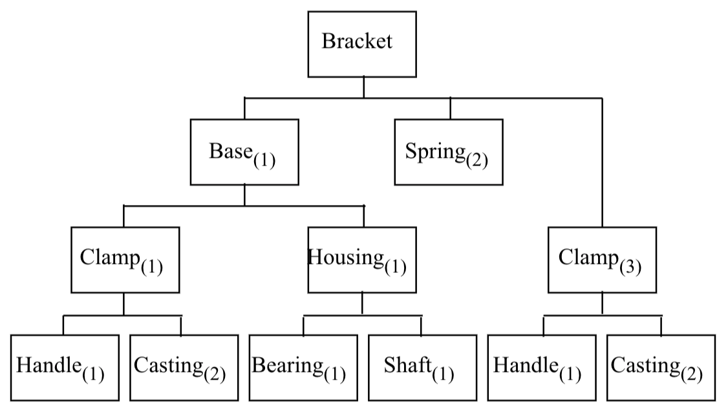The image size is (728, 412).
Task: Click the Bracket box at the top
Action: (x=361, y=44)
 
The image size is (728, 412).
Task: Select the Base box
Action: (x=244, y=153)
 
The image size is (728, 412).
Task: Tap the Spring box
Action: (x=449, y=153)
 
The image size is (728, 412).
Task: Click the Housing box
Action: (x=362, y=260)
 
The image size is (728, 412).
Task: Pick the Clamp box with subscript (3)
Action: (x=602, y=260)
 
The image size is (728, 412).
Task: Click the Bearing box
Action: (x=303, y=367)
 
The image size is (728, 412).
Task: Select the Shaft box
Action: (x=422, y=367)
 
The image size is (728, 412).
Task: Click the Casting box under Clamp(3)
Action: (x=661, y=367)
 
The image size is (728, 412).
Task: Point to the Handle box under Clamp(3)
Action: (x=542, y=367)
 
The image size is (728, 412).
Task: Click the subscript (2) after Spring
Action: (x=477, y=159)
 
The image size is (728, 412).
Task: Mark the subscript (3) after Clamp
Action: (x=630, y=266)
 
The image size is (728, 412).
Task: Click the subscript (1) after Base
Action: (x=265, y=159)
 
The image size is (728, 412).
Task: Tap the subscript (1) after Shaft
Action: (x=443, y=374)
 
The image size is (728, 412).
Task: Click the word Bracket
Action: (x=357, y=41)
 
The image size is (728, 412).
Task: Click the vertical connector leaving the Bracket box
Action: (x=363, y=87)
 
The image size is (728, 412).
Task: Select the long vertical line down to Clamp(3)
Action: (x=603, y=162)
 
